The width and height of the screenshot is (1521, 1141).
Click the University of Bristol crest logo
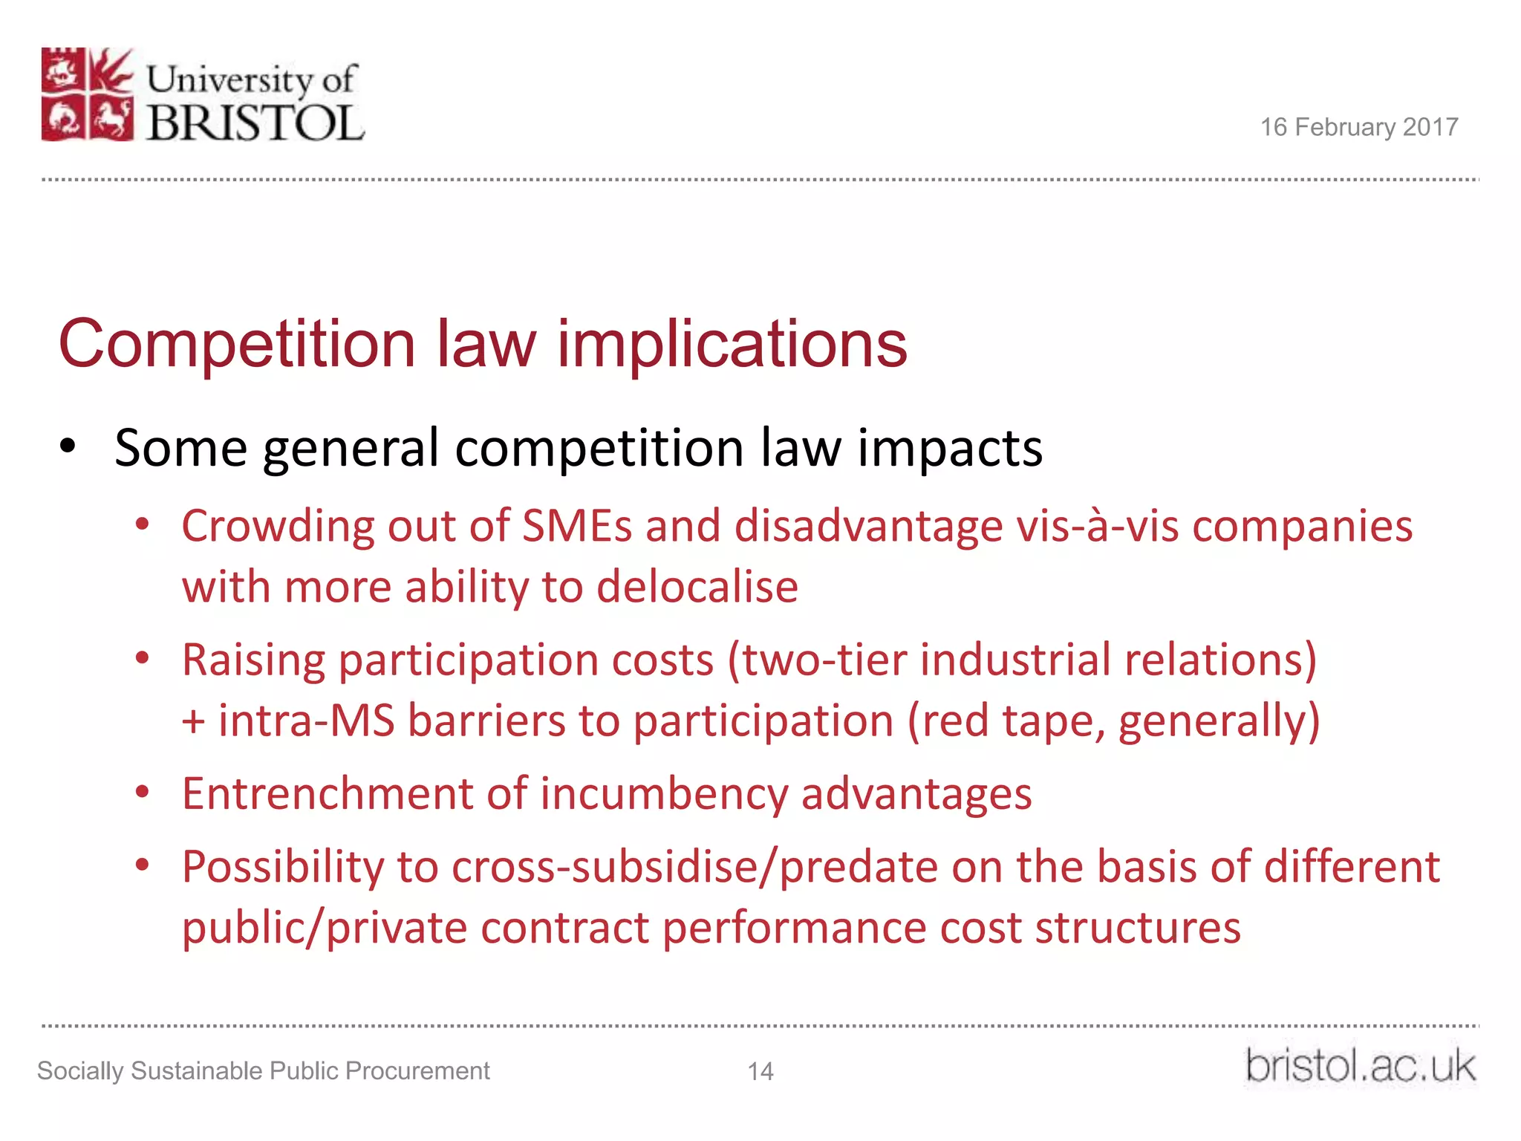click(88, 94)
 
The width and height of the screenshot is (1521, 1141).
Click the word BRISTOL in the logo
click(255, 123)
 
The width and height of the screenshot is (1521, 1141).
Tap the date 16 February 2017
click(1358, 127)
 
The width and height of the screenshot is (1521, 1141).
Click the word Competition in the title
click(236, 344)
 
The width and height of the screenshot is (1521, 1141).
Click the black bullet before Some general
click(68, 447)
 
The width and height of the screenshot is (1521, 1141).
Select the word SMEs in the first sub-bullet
click(576, 526)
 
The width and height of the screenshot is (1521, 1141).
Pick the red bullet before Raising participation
click(143, 658)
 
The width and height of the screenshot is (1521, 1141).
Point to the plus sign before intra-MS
click(193, 721)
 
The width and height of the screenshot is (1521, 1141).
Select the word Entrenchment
click(327, 793)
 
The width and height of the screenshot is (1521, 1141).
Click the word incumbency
click(664, 793)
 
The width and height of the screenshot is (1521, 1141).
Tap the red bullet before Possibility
click(143, 865)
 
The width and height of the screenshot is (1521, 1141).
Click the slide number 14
click(760, 1071)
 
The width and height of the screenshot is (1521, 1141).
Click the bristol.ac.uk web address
click(1360, 1067)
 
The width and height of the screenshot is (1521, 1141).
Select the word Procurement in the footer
click(417, 1071)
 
